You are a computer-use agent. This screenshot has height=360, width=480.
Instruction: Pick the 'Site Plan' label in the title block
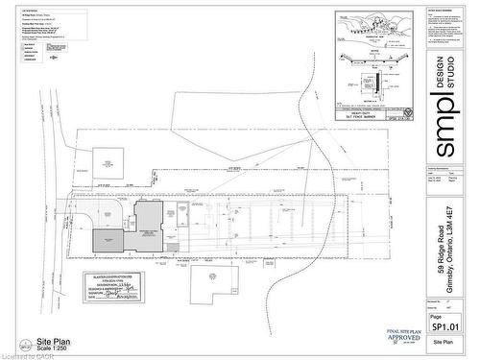443,342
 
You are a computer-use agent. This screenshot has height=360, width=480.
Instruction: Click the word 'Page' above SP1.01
436,316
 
